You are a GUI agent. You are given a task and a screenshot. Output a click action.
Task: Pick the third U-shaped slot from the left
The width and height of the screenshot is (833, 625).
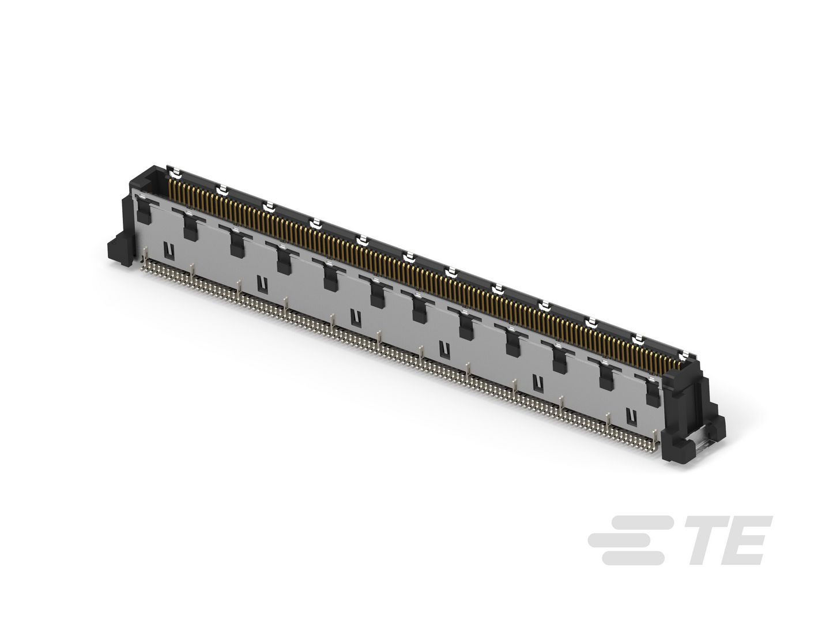point(355,317)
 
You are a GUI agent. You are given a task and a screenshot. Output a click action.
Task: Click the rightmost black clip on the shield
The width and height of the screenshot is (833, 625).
point(653,393)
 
